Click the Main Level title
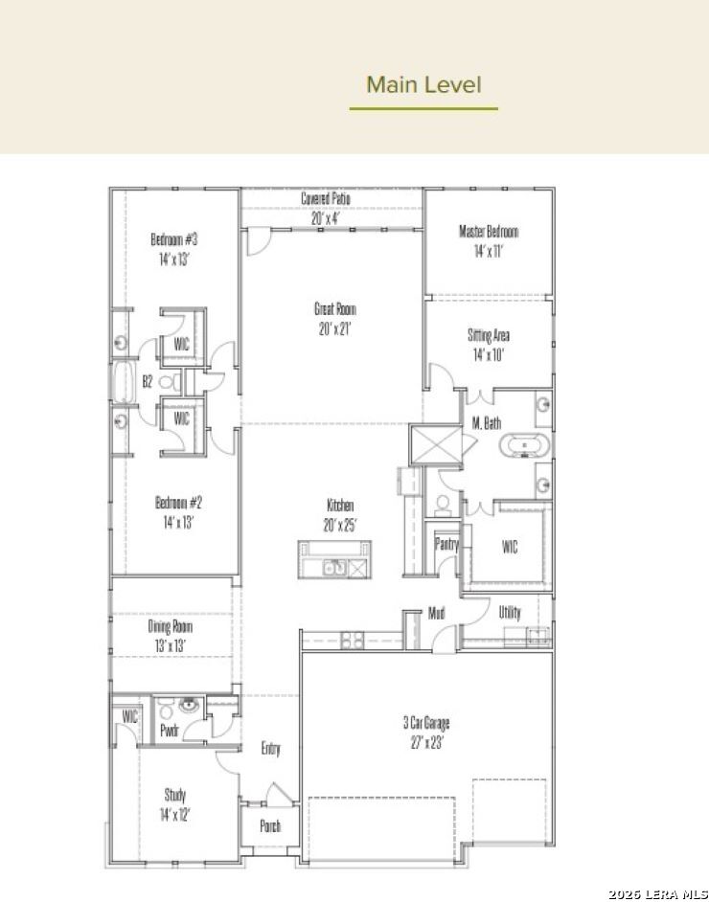423,84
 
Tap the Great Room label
335,309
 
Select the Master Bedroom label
489,232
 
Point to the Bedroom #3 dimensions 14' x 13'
174,259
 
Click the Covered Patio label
326,199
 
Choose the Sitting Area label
489,335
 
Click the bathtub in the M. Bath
524,446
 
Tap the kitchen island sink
333,568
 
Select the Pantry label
446,544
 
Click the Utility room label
510,613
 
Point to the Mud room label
436,613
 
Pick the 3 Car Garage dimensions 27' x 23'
426,743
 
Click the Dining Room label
170,626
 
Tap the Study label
175,795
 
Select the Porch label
270,826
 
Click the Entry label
270,749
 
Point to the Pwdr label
170,731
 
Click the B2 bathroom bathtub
122,381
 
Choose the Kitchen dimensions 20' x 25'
340,526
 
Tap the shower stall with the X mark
436,444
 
